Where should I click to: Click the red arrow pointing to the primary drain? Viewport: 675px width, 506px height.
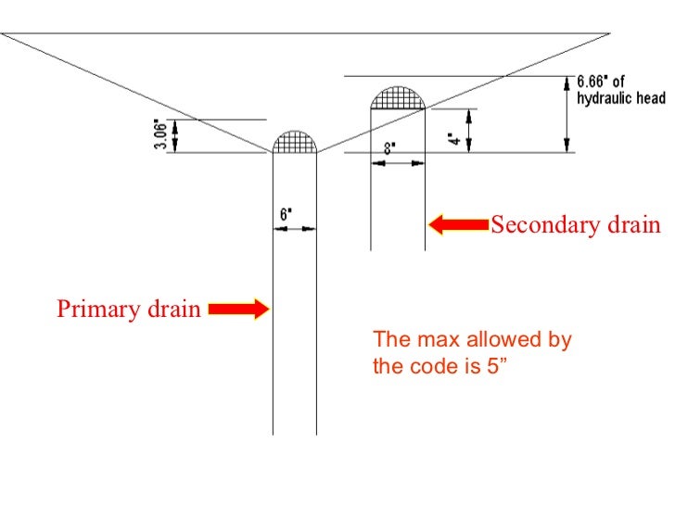coord(238,310)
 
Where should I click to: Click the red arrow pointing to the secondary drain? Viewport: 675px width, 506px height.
coord(458,224)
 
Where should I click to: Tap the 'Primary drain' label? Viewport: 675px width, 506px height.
coord(128,309)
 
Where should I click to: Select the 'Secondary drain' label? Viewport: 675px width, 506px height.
coord(575,225)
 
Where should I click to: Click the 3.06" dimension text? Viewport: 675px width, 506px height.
coord(159,136)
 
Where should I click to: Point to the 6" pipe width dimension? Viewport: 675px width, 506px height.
coord(286,213)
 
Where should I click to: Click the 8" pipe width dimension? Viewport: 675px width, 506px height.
coord(389,147)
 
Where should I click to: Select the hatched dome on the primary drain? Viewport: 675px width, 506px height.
coord(295,141)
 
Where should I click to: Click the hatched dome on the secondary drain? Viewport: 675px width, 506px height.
coord(398,97)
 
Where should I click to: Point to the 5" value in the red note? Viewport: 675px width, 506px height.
coord(500,366)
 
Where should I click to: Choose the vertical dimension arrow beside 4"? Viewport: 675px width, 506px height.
coord(470,130)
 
